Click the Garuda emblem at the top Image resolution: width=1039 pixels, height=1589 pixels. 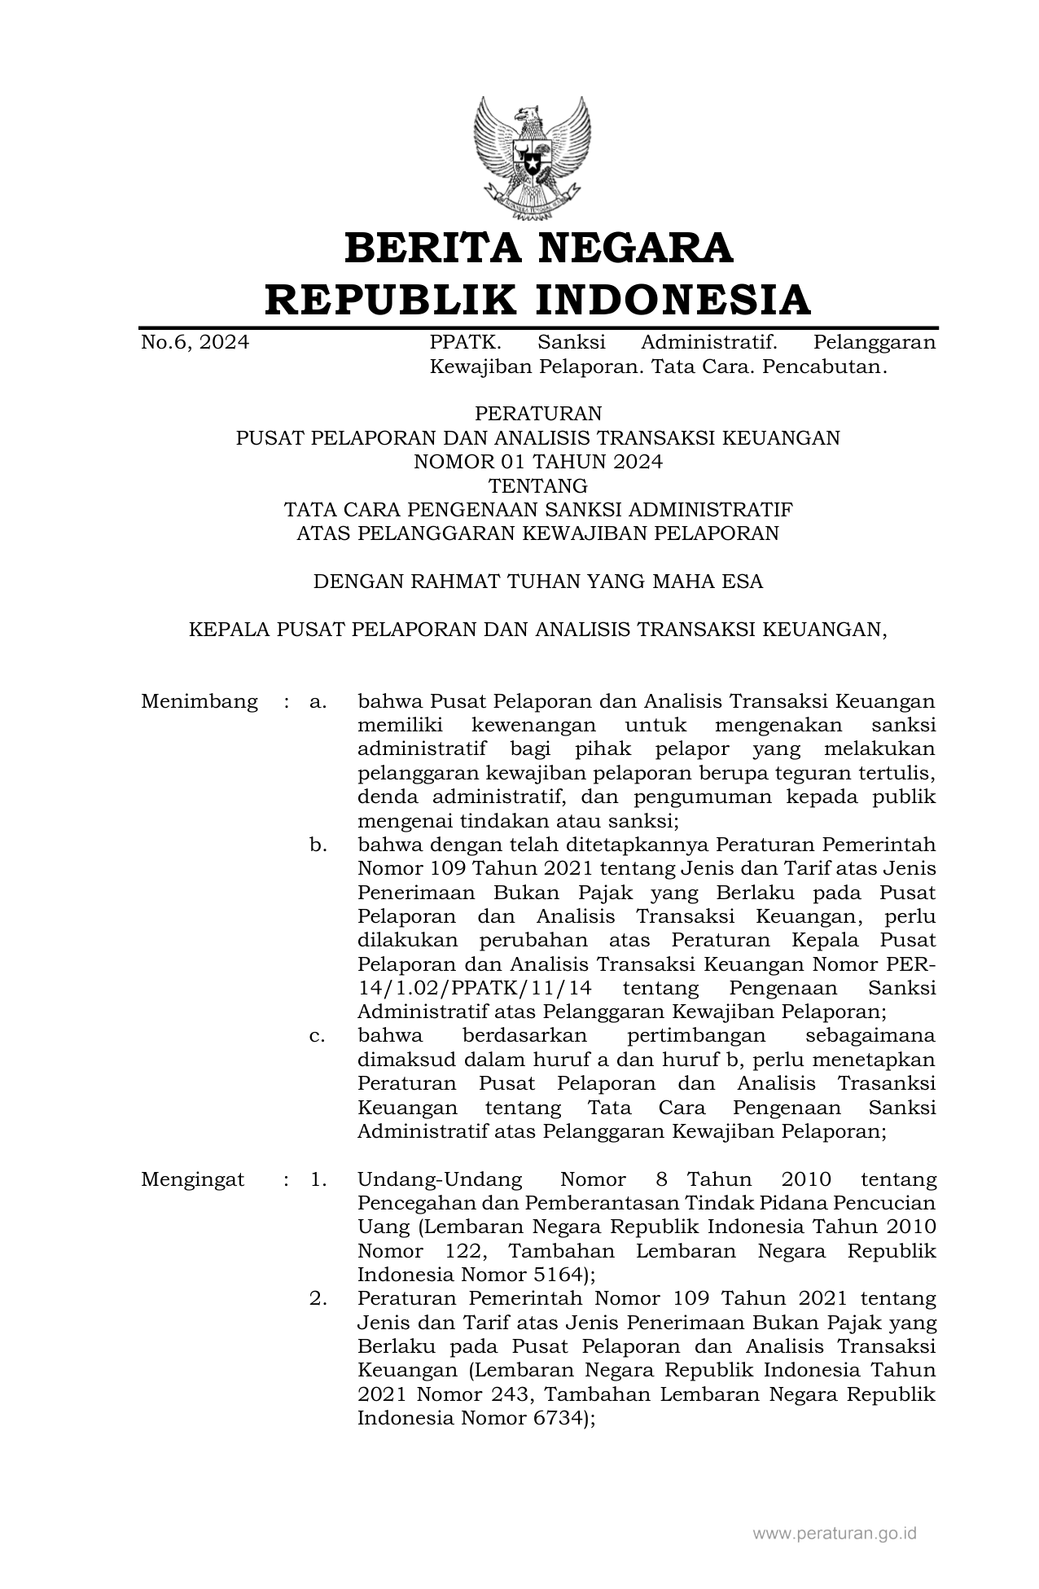coord(532,157)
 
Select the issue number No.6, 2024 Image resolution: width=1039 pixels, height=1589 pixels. coord(195,343)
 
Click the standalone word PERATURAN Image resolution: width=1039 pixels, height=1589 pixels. coord(537,414)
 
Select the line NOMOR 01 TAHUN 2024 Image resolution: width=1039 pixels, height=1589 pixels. coord(537,462)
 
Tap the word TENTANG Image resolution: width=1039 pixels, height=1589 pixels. coord(537,486)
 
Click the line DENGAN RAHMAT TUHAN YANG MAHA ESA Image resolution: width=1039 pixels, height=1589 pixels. coord(537,582)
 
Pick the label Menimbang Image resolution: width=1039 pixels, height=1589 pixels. coord(199,702)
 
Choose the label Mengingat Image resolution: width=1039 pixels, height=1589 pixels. coord(192,1179)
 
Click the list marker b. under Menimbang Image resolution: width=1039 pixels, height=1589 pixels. coord(318,845)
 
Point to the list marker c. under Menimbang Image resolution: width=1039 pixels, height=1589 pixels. coord(318,1036)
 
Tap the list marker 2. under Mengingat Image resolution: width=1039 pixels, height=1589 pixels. coord(318,1298)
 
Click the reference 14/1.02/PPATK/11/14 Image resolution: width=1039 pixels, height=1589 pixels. coord(474,989)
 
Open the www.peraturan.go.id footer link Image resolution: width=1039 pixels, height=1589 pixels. coord(835,1534)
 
